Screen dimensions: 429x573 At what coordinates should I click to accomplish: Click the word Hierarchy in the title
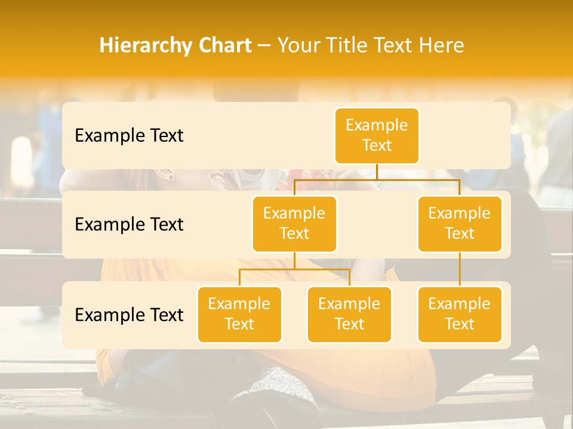[x=143, y=46]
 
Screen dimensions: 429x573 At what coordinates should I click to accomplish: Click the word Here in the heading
[x=442, y=46]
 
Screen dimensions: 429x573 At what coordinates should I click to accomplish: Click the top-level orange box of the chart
[x=377, y=136]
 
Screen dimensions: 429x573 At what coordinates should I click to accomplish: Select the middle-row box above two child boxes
[x=294, y=224]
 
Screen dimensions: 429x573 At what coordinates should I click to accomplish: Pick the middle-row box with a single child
[x=460, y=224]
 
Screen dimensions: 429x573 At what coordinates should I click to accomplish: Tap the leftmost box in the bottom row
[x=239, y=315]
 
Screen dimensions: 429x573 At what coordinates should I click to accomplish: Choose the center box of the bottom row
[x=349, y=315]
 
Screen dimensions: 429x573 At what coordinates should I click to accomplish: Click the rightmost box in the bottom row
[x=460, y=315]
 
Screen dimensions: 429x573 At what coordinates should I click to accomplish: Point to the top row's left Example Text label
[x=129, y=136]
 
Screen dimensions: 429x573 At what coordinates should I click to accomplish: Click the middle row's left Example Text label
[x=129, y=225]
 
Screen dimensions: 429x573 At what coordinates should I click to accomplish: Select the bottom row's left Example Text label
[x=129, y=315]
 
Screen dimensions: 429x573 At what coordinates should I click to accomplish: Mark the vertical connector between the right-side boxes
[x=460, y=269]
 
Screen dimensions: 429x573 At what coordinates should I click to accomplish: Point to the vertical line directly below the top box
[x=377, y=172]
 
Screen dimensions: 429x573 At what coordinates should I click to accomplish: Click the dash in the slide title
[x=264, y=46]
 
